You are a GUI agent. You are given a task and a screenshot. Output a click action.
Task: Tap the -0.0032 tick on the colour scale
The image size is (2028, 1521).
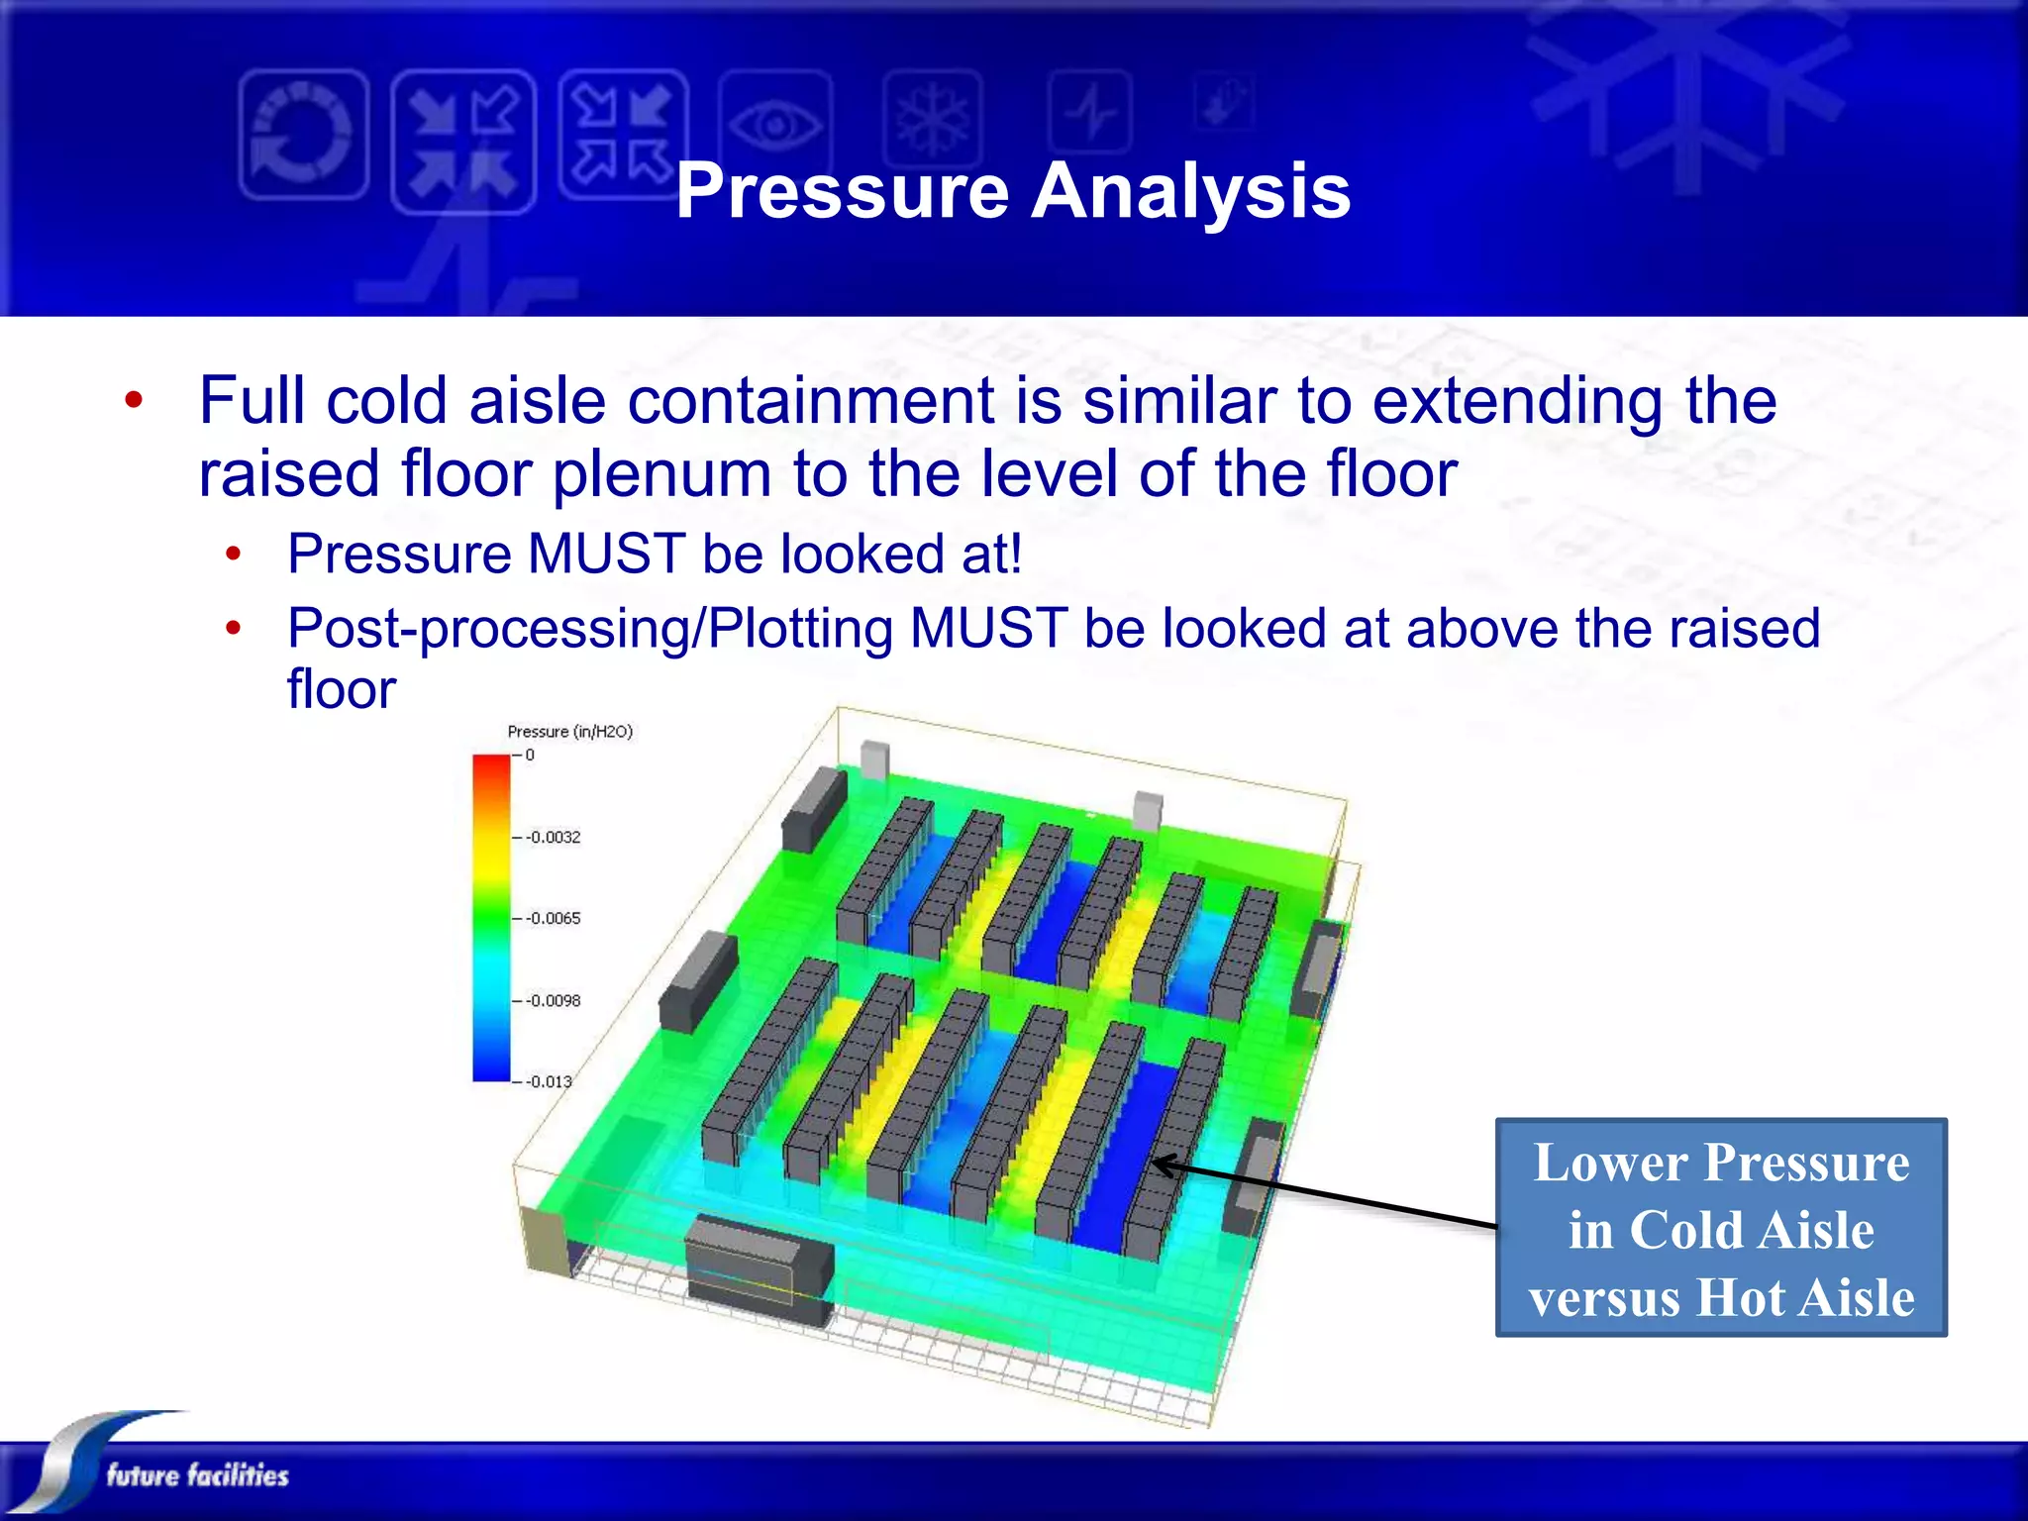point(553,838)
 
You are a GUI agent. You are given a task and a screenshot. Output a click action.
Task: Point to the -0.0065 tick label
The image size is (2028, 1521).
point(553,919)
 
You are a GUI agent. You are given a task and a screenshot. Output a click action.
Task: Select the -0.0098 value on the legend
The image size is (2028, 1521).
point(553,1001)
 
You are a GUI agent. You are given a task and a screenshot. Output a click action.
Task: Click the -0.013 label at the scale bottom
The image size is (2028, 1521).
point(549,1082)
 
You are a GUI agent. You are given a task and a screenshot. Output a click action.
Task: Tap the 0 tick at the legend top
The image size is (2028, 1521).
point(530,756)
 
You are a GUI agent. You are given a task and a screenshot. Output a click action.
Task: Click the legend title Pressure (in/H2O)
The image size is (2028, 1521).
point(569,732)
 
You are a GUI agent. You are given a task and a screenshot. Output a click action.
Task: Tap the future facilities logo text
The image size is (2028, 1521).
point(197,1475)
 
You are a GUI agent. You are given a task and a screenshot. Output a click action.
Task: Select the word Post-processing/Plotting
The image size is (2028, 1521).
point(590,629)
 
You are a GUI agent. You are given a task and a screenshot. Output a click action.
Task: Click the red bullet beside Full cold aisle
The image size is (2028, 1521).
point(134,401)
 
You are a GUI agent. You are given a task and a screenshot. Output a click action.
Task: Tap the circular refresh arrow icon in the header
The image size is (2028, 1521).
point(303,135)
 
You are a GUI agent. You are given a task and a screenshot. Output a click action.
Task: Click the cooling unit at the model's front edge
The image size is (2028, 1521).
point(759,1270)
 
